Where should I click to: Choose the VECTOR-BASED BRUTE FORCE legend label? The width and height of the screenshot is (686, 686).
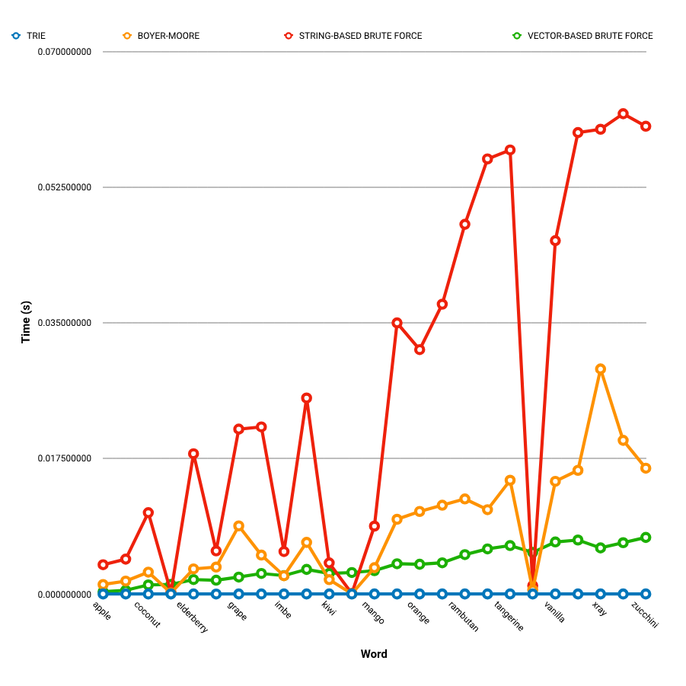(590, 36)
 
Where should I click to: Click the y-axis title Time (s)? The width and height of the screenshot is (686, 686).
(26, 323)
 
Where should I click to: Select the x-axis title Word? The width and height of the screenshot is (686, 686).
(374, 654)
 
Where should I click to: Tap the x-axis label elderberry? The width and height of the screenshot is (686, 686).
(193, 617)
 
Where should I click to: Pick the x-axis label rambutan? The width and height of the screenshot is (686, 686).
(464, 616)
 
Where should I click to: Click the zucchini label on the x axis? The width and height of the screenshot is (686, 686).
(644, 614)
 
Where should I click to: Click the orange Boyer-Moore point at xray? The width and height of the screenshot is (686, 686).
(601, 369)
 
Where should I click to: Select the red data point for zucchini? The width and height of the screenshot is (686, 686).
(646, 126)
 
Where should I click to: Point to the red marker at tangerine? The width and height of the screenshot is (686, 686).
(510, 150)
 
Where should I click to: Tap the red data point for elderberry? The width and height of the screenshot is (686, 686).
(193, 454)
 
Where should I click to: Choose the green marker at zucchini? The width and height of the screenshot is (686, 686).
(646, 538)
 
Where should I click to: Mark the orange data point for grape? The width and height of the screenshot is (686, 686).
(239, 526)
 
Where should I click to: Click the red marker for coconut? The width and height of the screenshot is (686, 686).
(148, 512)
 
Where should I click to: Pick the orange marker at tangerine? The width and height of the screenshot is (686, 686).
(510, 480)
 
